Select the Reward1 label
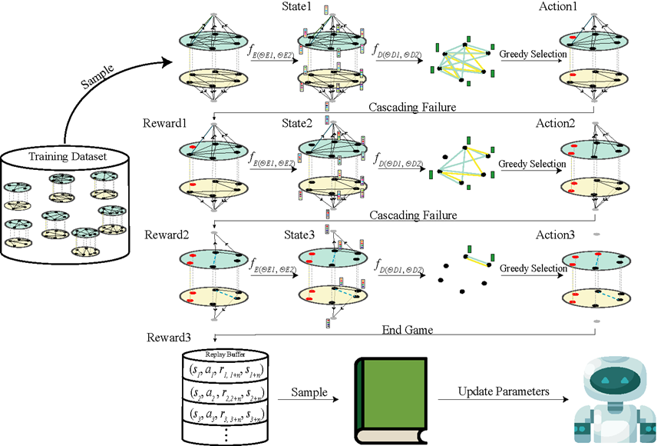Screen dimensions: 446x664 (x=164, y=123)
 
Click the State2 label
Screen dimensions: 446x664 (x=316, y=123)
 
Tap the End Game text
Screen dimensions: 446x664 (x=408, y=330)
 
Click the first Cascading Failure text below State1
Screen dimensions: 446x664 (x=413, y=107)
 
